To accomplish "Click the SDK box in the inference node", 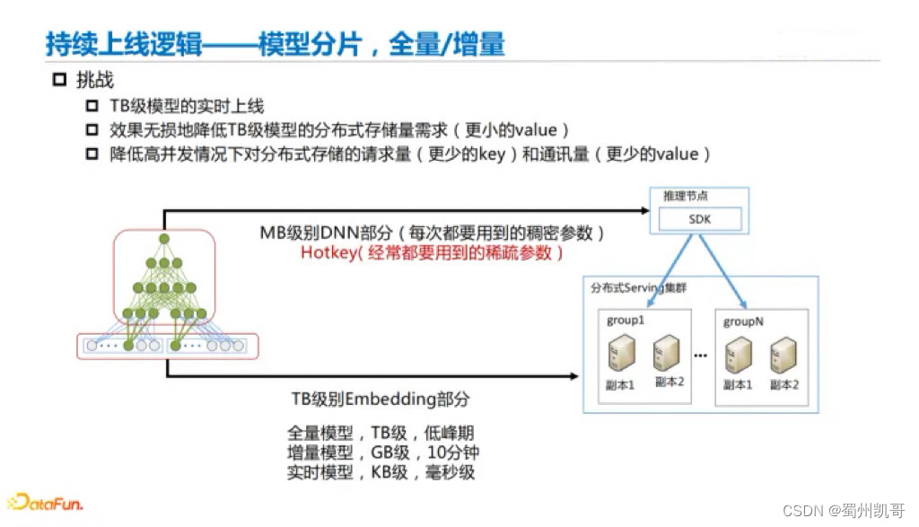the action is click(x=701, y=219).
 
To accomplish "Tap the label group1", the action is click(x=625, y=321).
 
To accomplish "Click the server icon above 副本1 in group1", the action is click(x=621, y=352).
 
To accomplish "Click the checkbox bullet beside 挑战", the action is click(x=60, y=80).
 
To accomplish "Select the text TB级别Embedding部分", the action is click(x=380, y=399).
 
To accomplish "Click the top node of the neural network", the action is click(x=164, y=239).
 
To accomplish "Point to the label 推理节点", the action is click(x=686, y=196).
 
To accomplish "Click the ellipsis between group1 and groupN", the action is click(x=700, y=356).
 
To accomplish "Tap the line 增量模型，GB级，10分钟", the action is click(x=380, y=452).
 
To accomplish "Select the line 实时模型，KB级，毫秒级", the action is click(x=380, y=472).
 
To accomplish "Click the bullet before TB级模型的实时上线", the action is click(x=92, y=107).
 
